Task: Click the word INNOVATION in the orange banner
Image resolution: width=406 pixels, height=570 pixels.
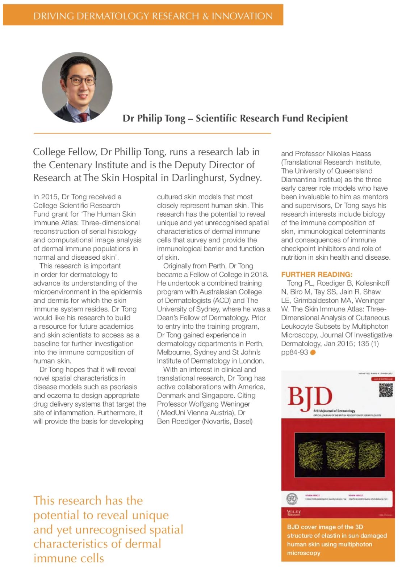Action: click(242, 16)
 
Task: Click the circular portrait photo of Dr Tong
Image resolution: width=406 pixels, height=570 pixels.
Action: click(77, 87)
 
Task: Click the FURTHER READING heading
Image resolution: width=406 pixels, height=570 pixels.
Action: click(317, 274)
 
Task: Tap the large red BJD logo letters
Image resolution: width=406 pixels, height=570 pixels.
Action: click(310, 397)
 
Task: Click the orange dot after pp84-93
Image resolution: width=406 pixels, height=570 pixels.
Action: click(313, 352)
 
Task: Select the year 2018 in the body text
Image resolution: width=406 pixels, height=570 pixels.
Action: click(260, 275)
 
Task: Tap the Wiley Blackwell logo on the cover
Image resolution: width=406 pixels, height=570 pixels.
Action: click(294, 512)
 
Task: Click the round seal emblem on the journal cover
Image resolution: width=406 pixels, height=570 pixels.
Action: click(292, 499)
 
